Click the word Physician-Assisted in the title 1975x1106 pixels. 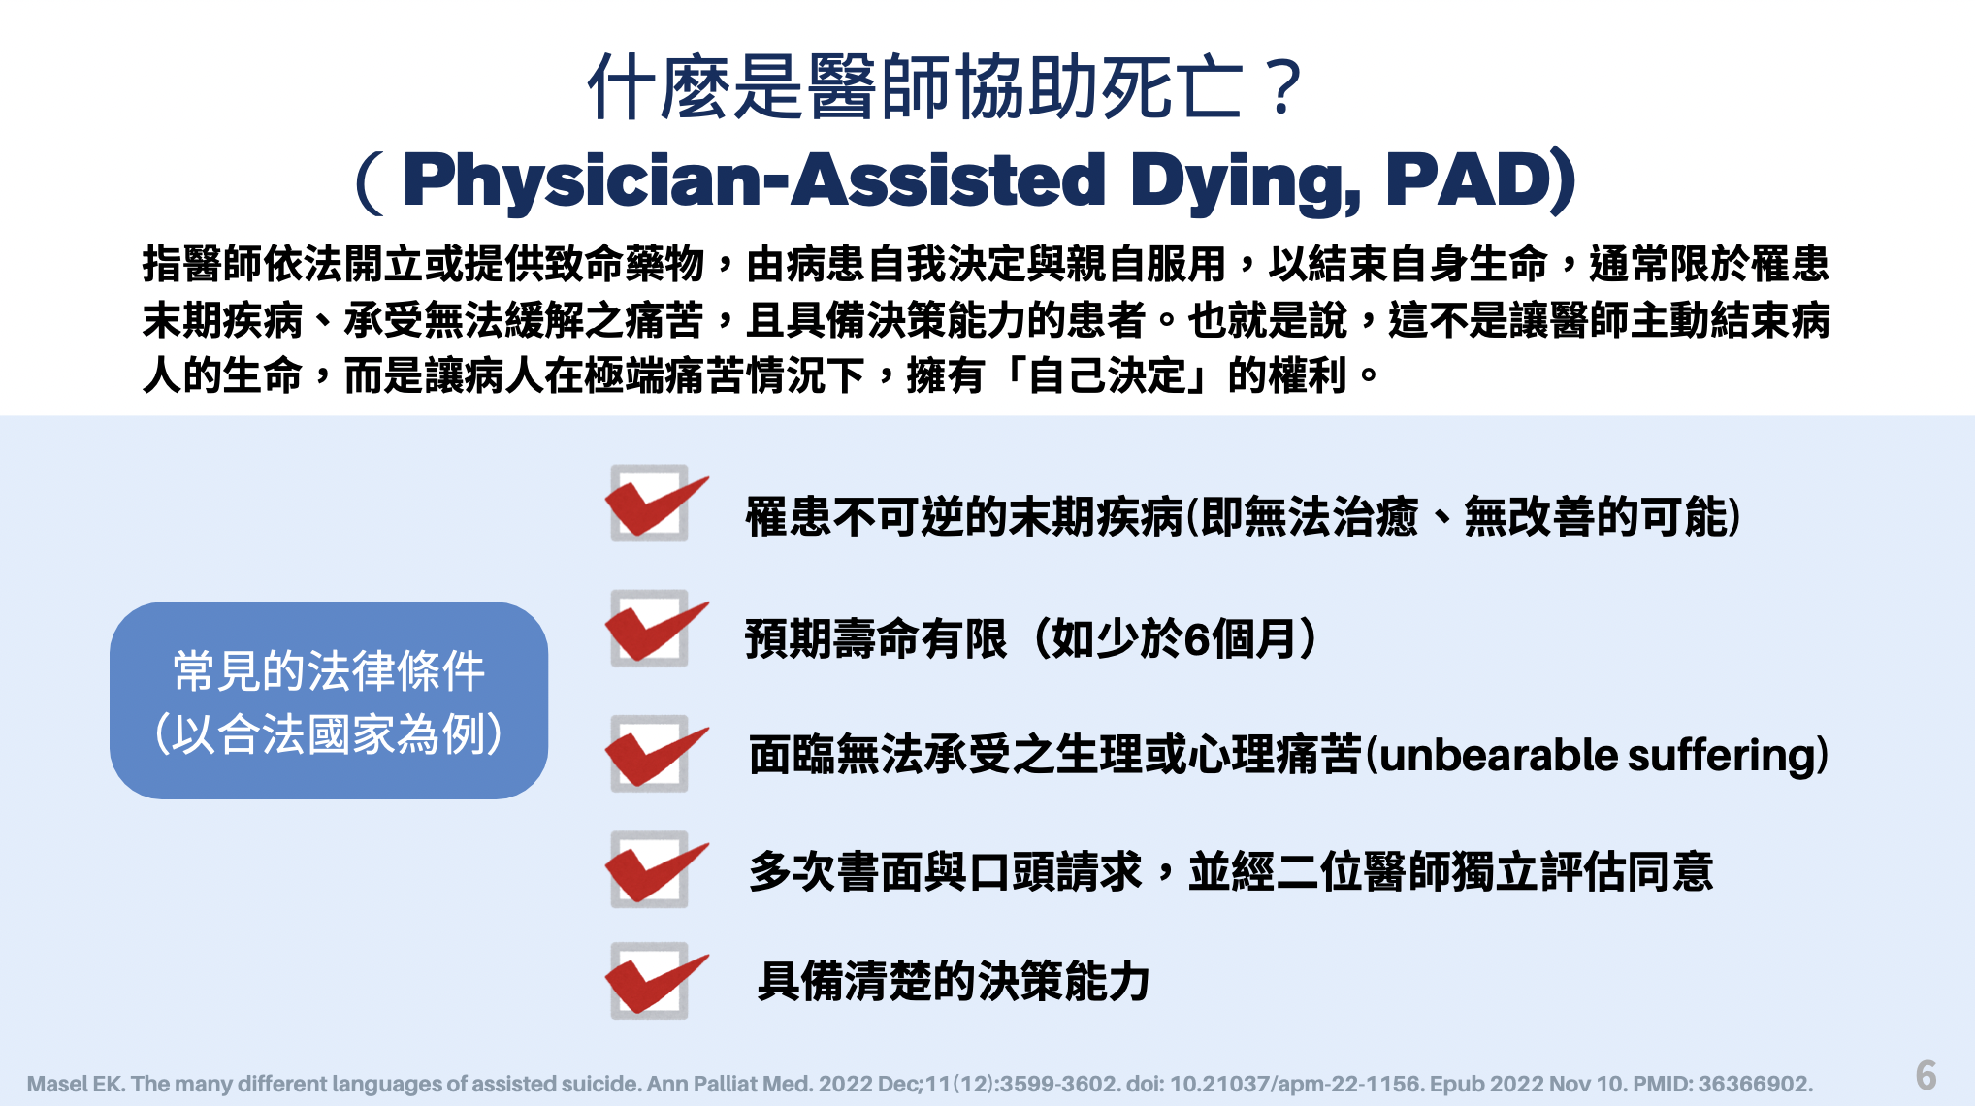754,180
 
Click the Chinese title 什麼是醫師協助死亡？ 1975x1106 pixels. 946,87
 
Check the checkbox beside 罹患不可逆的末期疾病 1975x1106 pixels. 650,503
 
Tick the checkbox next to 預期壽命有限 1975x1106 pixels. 650,628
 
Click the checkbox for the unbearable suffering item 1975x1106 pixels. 650,753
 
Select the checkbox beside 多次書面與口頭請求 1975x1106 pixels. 650,868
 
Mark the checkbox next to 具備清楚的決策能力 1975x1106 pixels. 650,980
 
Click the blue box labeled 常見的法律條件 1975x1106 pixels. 329,700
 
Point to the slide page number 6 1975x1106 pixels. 1926,1075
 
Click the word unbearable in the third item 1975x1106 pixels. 1498,755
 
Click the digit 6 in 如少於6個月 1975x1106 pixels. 1197,639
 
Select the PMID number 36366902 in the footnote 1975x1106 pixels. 1752,1084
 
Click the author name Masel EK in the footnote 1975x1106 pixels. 75,1084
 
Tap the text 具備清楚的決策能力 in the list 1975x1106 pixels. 954,981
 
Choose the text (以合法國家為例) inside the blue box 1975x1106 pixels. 329,733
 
